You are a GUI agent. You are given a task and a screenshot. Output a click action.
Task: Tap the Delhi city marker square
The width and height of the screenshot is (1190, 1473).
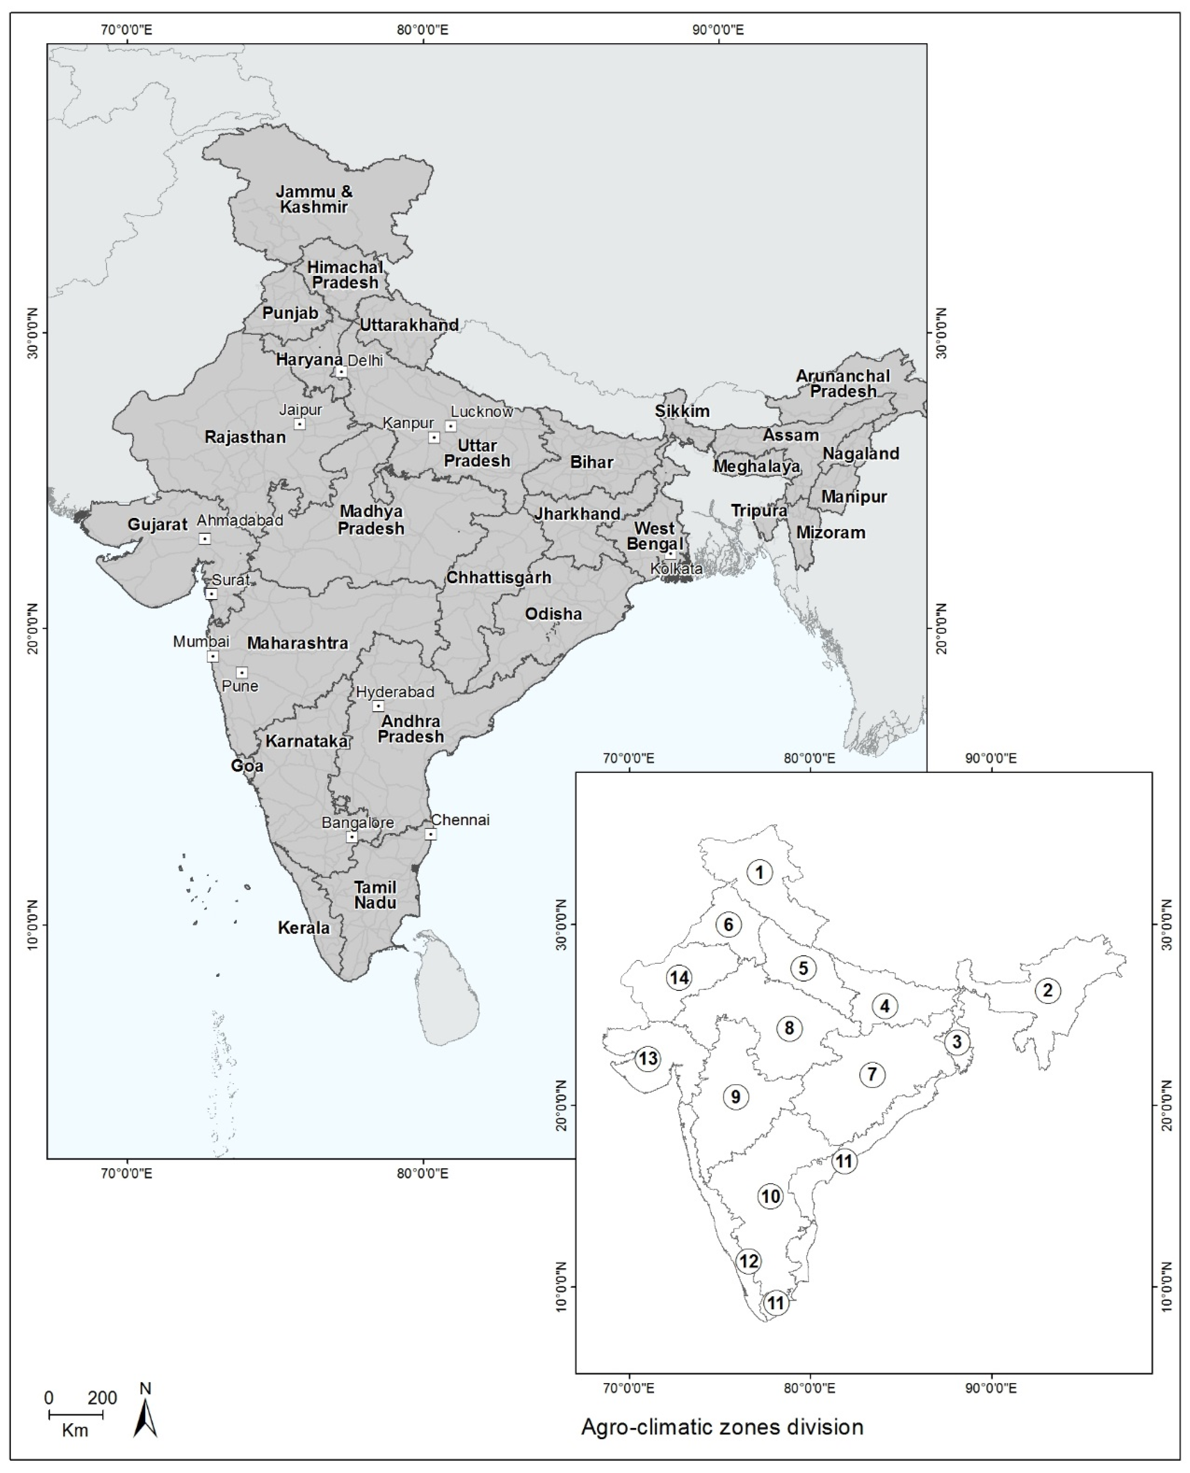coord(341,372)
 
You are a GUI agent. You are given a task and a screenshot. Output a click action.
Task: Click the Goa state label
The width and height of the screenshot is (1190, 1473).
coord(247,765)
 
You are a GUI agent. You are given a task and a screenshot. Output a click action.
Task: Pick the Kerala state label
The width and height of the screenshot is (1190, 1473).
coord(304,928)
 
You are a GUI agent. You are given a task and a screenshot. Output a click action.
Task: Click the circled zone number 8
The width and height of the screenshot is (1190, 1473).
coord(789,1028)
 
